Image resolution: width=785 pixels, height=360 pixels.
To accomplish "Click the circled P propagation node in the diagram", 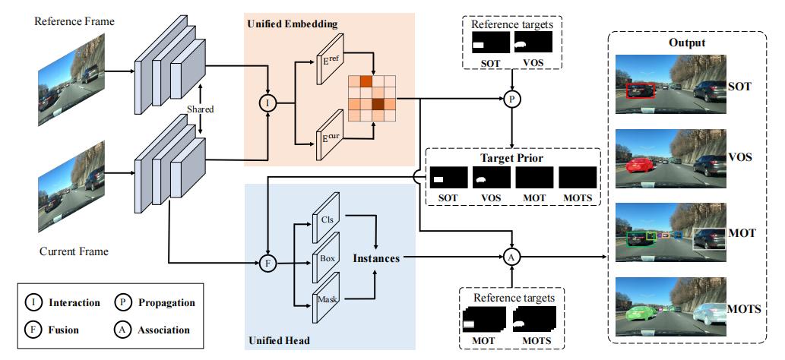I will click(513, 97).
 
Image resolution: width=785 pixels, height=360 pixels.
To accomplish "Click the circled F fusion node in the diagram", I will click(268, 264).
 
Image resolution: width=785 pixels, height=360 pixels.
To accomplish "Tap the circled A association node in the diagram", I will click(513, 257).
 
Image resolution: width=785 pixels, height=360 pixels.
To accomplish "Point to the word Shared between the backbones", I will click(200, 109).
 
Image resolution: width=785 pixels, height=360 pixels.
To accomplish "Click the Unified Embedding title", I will click(293, 25).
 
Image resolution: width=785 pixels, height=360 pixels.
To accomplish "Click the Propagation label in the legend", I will click(166, 302).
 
